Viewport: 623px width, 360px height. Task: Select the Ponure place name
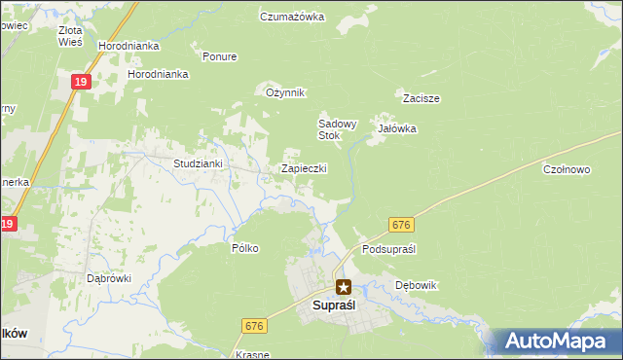click(x=219, y=56)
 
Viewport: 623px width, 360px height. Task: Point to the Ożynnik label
click(x=286, y=92)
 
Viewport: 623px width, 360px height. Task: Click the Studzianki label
click(x=199, y=163)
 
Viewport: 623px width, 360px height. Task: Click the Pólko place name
click(x=245, y=248)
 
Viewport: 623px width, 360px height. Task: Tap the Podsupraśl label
click(x=388, y=249)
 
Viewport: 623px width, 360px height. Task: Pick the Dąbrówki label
click(x=109, y=277)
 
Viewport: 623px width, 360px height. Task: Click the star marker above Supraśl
click(x=344, y=286)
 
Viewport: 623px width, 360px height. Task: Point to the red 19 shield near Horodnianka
click(x=81, y=84)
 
